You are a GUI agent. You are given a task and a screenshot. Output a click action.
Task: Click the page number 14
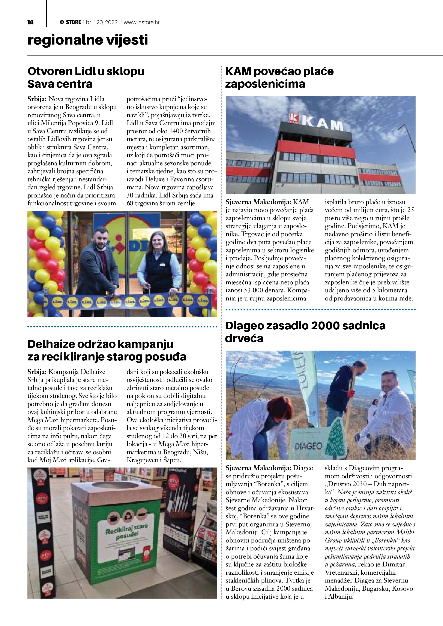30,22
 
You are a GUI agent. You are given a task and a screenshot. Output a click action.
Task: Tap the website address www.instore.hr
142,22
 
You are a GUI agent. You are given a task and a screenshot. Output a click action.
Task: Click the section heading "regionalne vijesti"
88,40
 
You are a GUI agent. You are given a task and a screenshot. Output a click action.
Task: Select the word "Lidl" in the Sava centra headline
85,72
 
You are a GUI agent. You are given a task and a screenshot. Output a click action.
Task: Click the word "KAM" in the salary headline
238,72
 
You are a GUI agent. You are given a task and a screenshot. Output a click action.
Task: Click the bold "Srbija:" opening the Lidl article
37,99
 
